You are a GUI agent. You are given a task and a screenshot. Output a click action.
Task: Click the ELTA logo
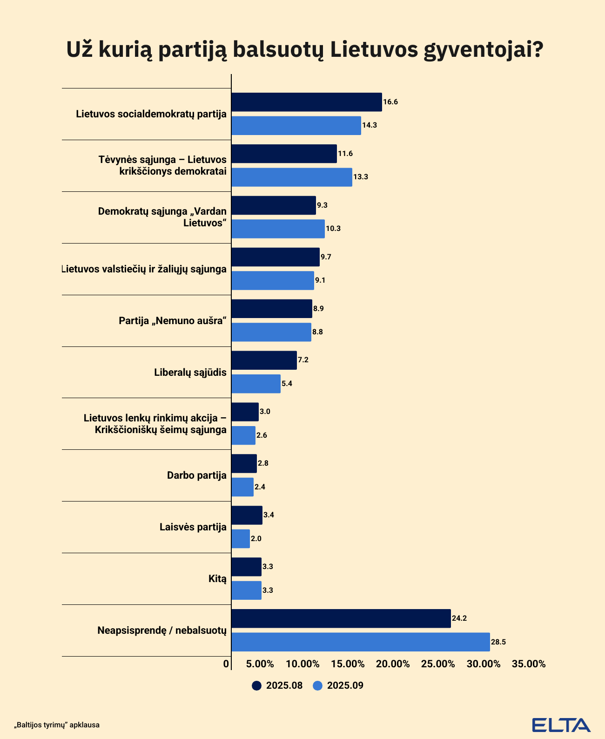click(561, 725)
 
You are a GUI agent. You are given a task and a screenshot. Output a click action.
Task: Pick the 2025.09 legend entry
click(339, 685)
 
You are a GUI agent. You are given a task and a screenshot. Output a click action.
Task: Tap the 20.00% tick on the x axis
click(393, 664)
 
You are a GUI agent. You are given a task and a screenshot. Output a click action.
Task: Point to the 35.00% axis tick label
click(529, 664)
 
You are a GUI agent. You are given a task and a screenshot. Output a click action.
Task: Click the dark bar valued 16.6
click(306, 102)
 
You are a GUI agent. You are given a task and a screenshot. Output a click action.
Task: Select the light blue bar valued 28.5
click(361, 642)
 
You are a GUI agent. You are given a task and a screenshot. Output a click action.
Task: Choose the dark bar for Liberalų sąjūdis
click(264, 360)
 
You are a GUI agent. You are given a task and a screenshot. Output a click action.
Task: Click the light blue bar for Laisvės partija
click(241, 539)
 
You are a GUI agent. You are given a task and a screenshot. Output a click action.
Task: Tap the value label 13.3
click(361, 177)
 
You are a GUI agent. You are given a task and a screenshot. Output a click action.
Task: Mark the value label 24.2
click(459, 618)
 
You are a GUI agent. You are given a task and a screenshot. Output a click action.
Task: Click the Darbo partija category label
click(197, 475)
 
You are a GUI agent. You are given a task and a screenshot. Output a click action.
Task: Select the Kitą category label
click(217, 579)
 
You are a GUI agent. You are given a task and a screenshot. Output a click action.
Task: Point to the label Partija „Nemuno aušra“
click(173, 320)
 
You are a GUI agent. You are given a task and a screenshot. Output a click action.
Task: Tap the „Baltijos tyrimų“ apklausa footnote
click(57, 725)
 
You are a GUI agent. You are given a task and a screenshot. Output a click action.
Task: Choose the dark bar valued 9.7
click(276, 257)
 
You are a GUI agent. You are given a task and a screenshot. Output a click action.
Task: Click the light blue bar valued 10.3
click(278, 229)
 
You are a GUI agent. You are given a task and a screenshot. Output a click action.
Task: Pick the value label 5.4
click(287, 384)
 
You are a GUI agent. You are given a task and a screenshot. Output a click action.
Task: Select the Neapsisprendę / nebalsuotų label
click(162, 631)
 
